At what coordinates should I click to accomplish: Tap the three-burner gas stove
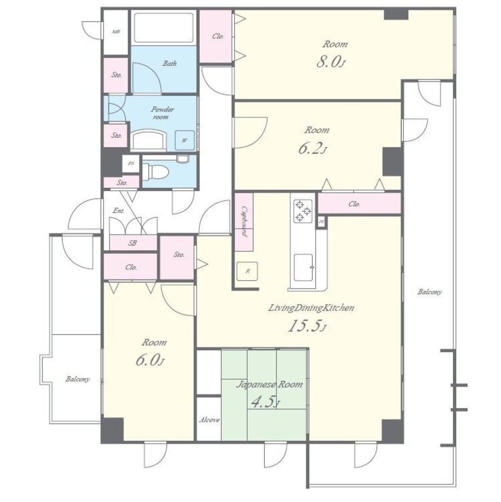click(302, 211)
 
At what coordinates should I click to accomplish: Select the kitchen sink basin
click(303, 268)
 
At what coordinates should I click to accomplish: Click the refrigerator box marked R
click(247, 271)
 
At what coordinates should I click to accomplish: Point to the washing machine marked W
click(185, 140)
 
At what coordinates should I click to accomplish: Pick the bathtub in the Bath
click(163, 28)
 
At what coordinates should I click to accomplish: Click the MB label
click(116, 32)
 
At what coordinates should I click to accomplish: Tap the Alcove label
click(209, 420)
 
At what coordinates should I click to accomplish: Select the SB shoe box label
click(132, 243)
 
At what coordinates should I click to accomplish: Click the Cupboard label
click(244, 221)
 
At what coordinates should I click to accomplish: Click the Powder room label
click(162, 113)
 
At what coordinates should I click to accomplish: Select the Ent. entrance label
click(118, 211)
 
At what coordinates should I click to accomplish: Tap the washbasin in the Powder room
click(149, 140)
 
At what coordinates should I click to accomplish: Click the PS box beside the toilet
click(131, 164)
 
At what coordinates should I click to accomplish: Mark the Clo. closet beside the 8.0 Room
click(216, 36)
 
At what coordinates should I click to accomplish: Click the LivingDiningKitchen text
click(311, 308)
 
